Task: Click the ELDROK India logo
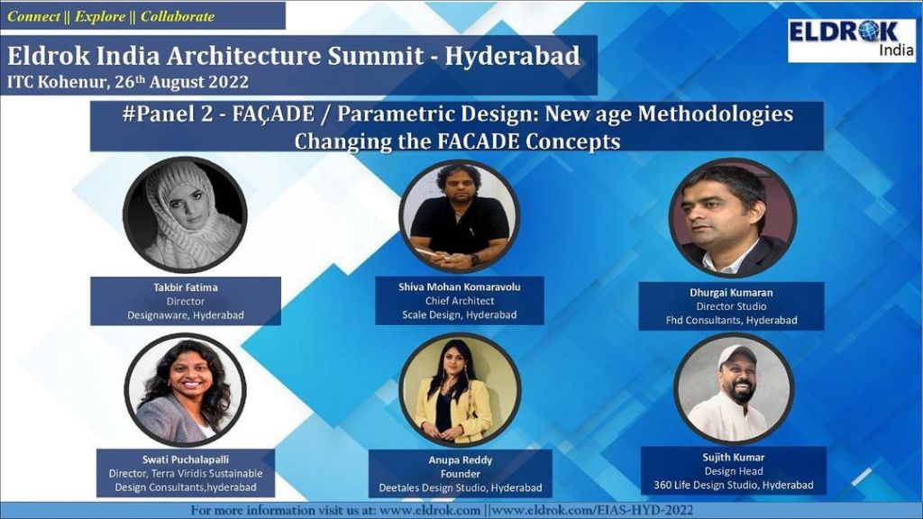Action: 851,40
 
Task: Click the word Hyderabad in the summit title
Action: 512,56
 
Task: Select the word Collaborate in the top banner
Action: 178,16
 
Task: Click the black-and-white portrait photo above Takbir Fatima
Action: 185,214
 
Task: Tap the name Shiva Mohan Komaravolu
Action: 459,287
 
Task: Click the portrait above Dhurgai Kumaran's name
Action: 732,218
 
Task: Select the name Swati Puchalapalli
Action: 186,460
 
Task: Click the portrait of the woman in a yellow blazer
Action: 459,390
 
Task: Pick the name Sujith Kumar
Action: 734,457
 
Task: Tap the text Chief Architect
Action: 460,301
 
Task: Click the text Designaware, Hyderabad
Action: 186,315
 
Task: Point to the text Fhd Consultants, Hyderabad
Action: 732,320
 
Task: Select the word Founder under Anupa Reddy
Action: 461,474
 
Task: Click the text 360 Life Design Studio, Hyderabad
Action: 734,485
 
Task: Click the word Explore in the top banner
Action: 100,16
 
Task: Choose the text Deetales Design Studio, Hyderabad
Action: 461,487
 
